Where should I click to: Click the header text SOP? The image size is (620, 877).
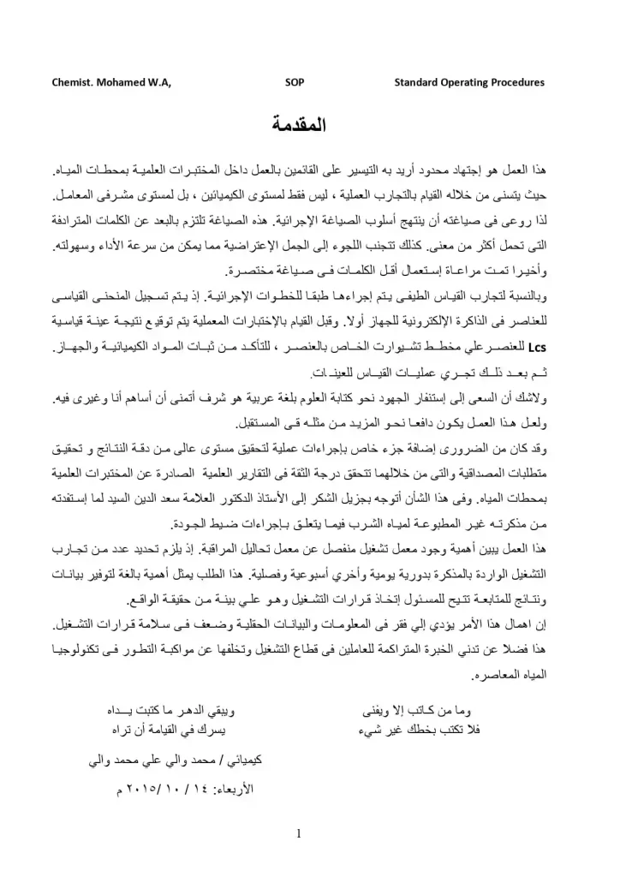(293, 83)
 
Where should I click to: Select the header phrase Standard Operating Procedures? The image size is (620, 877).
(469, 83)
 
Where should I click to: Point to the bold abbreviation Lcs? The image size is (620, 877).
(537, 349)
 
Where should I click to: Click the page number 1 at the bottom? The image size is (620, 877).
(299, 832)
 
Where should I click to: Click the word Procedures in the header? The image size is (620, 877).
(515, 83)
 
